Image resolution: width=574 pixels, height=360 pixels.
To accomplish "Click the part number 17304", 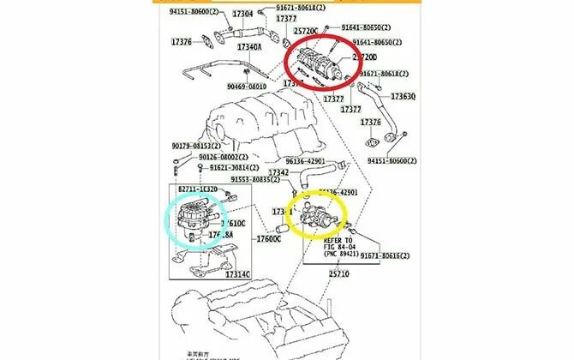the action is tap(243, 15).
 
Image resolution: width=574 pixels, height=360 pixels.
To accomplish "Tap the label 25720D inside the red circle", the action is tap(365, 57).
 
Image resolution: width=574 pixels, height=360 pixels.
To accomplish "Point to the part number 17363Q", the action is tap(402, 97).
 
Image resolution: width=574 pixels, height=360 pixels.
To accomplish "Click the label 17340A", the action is tap(249, 46).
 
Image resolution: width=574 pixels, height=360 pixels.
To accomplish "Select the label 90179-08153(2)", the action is tap(194, 146).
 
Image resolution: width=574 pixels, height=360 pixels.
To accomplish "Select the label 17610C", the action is tap(233, 223).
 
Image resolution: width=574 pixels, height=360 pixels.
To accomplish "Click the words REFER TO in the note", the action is tap(338, 240).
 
